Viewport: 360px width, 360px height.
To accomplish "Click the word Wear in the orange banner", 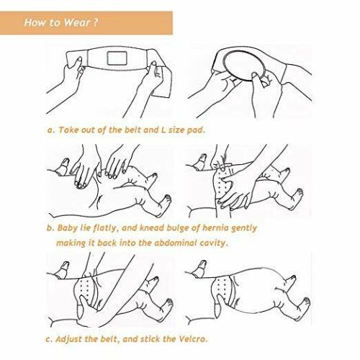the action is [76, 22].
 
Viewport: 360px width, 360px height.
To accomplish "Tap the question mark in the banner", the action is [95, 22].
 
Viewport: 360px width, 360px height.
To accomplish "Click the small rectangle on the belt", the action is [117, 58].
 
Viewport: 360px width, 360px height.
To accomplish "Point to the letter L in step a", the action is [163, 130].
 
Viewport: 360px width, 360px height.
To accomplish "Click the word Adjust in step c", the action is [69, 339].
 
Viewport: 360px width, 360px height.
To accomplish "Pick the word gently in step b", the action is [243, 228].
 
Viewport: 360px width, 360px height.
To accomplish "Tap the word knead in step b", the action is [152, 228].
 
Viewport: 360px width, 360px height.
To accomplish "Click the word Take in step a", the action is [68, 130].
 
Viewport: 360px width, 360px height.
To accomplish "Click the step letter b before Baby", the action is [50, 228].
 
